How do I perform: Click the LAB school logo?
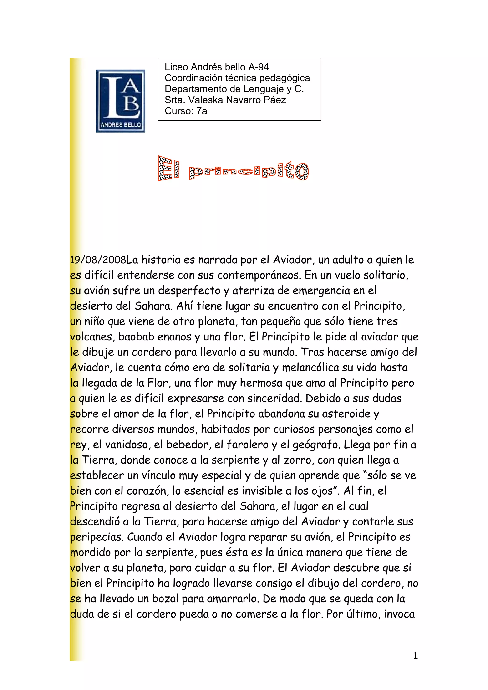(120, 101)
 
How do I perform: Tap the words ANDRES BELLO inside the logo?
(121, 125)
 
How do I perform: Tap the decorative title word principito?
(249, 170)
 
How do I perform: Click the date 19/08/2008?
(98, 260)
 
